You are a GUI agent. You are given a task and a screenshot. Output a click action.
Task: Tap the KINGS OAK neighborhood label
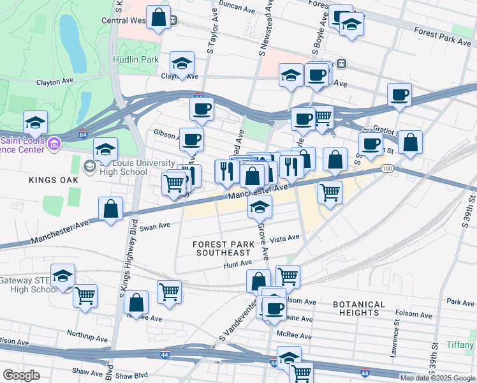pyautogui.click(x=54, y=181)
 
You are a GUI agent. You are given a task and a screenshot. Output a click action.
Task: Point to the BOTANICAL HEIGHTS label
pyautogui.click(x=358, y=308)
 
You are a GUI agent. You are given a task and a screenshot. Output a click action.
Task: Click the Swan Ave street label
pyautogui.click(x=155, y=226)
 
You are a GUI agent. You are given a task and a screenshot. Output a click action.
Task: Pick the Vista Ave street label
pyautogui.click(x=284, y=238)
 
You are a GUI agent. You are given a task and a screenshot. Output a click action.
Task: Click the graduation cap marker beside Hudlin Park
pyautogui.click(x=182, y=64)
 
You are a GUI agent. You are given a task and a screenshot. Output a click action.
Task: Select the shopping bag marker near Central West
pyautogui.click(x=158, y=17)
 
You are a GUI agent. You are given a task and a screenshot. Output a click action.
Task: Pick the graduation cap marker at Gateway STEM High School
pyautogui.click(x=63, y=276)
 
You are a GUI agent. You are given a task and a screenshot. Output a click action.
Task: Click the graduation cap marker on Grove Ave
pyautogui.click(x=260, y=207)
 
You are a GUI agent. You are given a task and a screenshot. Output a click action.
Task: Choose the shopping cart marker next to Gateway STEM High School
pyautogui.click(x=85, y=296)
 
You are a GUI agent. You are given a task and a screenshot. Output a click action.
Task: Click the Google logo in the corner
pyautogui.click(x=21, y=375)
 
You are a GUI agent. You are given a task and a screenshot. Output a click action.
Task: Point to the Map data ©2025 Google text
pyautogui.click(x=437, y=378)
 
